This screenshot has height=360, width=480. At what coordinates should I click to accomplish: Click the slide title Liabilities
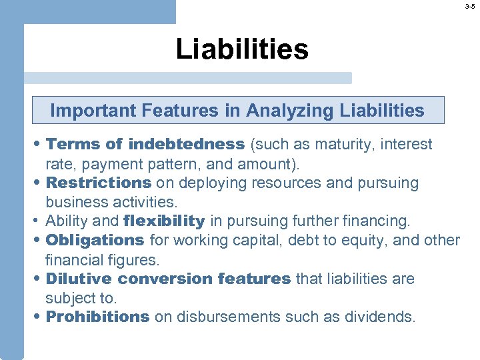[242, 49]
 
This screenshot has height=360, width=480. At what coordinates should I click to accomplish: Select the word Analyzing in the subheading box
[288, 111]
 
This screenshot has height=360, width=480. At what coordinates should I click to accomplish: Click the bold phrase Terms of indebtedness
[146, 145]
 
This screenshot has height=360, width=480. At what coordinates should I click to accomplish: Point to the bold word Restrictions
[99, 183]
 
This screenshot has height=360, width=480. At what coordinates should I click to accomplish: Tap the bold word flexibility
[164, 221]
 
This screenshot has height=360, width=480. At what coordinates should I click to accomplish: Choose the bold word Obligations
[95, 240]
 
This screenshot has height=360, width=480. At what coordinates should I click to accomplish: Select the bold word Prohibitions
[97, 317]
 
